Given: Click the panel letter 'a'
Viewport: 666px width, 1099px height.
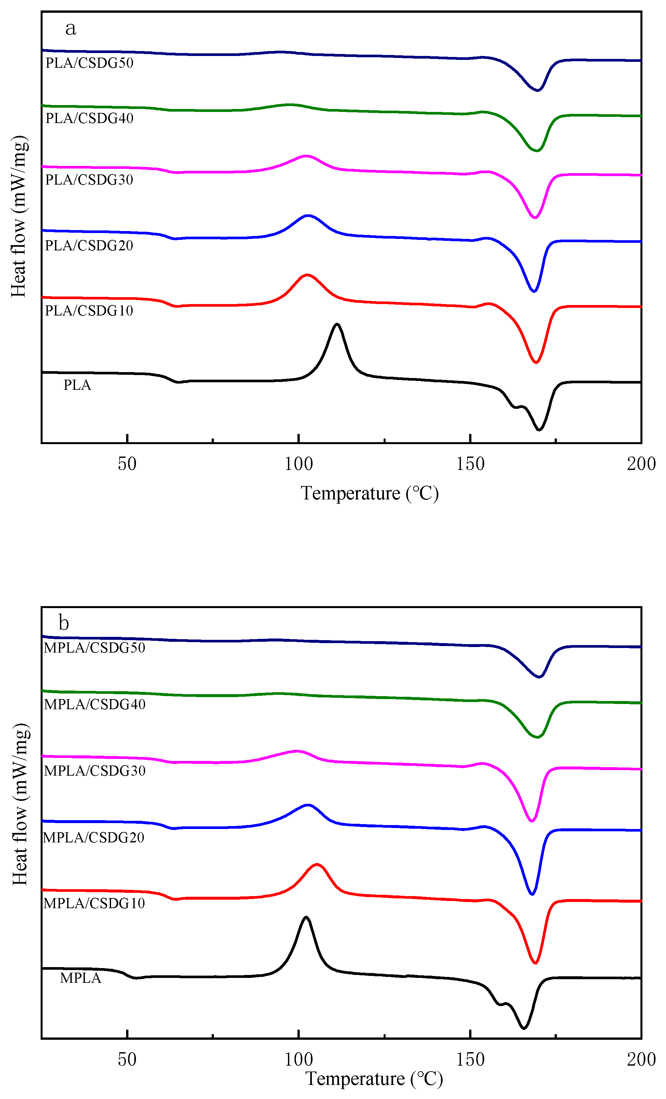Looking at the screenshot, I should click(x=70, y=28).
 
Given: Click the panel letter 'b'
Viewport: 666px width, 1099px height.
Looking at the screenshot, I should click(x=64, y=623).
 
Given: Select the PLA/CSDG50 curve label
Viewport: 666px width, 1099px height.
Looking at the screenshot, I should click(x=89, y=63).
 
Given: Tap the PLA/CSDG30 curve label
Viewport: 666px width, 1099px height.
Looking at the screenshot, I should click(x=89, y=180).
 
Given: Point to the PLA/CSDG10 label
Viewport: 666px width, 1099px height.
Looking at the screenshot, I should click(x=89, y=311).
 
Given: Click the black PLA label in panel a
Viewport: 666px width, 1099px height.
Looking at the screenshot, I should click(x=77, y=385).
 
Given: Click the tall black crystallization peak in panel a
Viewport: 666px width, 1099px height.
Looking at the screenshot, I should click(x=337, y=324).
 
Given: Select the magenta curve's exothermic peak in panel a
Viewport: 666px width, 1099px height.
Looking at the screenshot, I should click(x=306, y=156).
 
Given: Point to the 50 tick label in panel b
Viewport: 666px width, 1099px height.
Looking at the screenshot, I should click(x=127, y=1059).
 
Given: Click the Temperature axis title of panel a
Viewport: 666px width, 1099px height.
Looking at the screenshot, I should click(x=370, y=493).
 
